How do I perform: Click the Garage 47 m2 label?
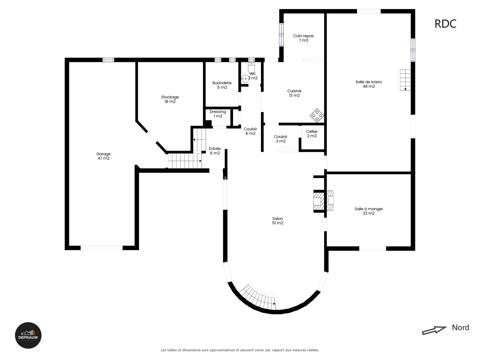103,156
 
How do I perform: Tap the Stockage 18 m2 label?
170,99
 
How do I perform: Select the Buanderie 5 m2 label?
222,85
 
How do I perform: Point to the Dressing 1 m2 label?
218,114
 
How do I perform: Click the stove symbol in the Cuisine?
317,115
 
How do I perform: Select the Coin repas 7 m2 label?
303,38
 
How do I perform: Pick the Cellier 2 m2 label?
312,134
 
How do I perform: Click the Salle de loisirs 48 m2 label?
369,84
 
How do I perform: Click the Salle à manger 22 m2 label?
369,211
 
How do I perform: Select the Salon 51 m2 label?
277,221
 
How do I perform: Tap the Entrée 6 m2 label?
215,151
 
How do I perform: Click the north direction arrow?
434,330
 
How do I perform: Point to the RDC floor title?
445,24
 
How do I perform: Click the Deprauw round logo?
28,335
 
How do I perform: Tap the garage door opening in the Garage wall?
102,248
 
